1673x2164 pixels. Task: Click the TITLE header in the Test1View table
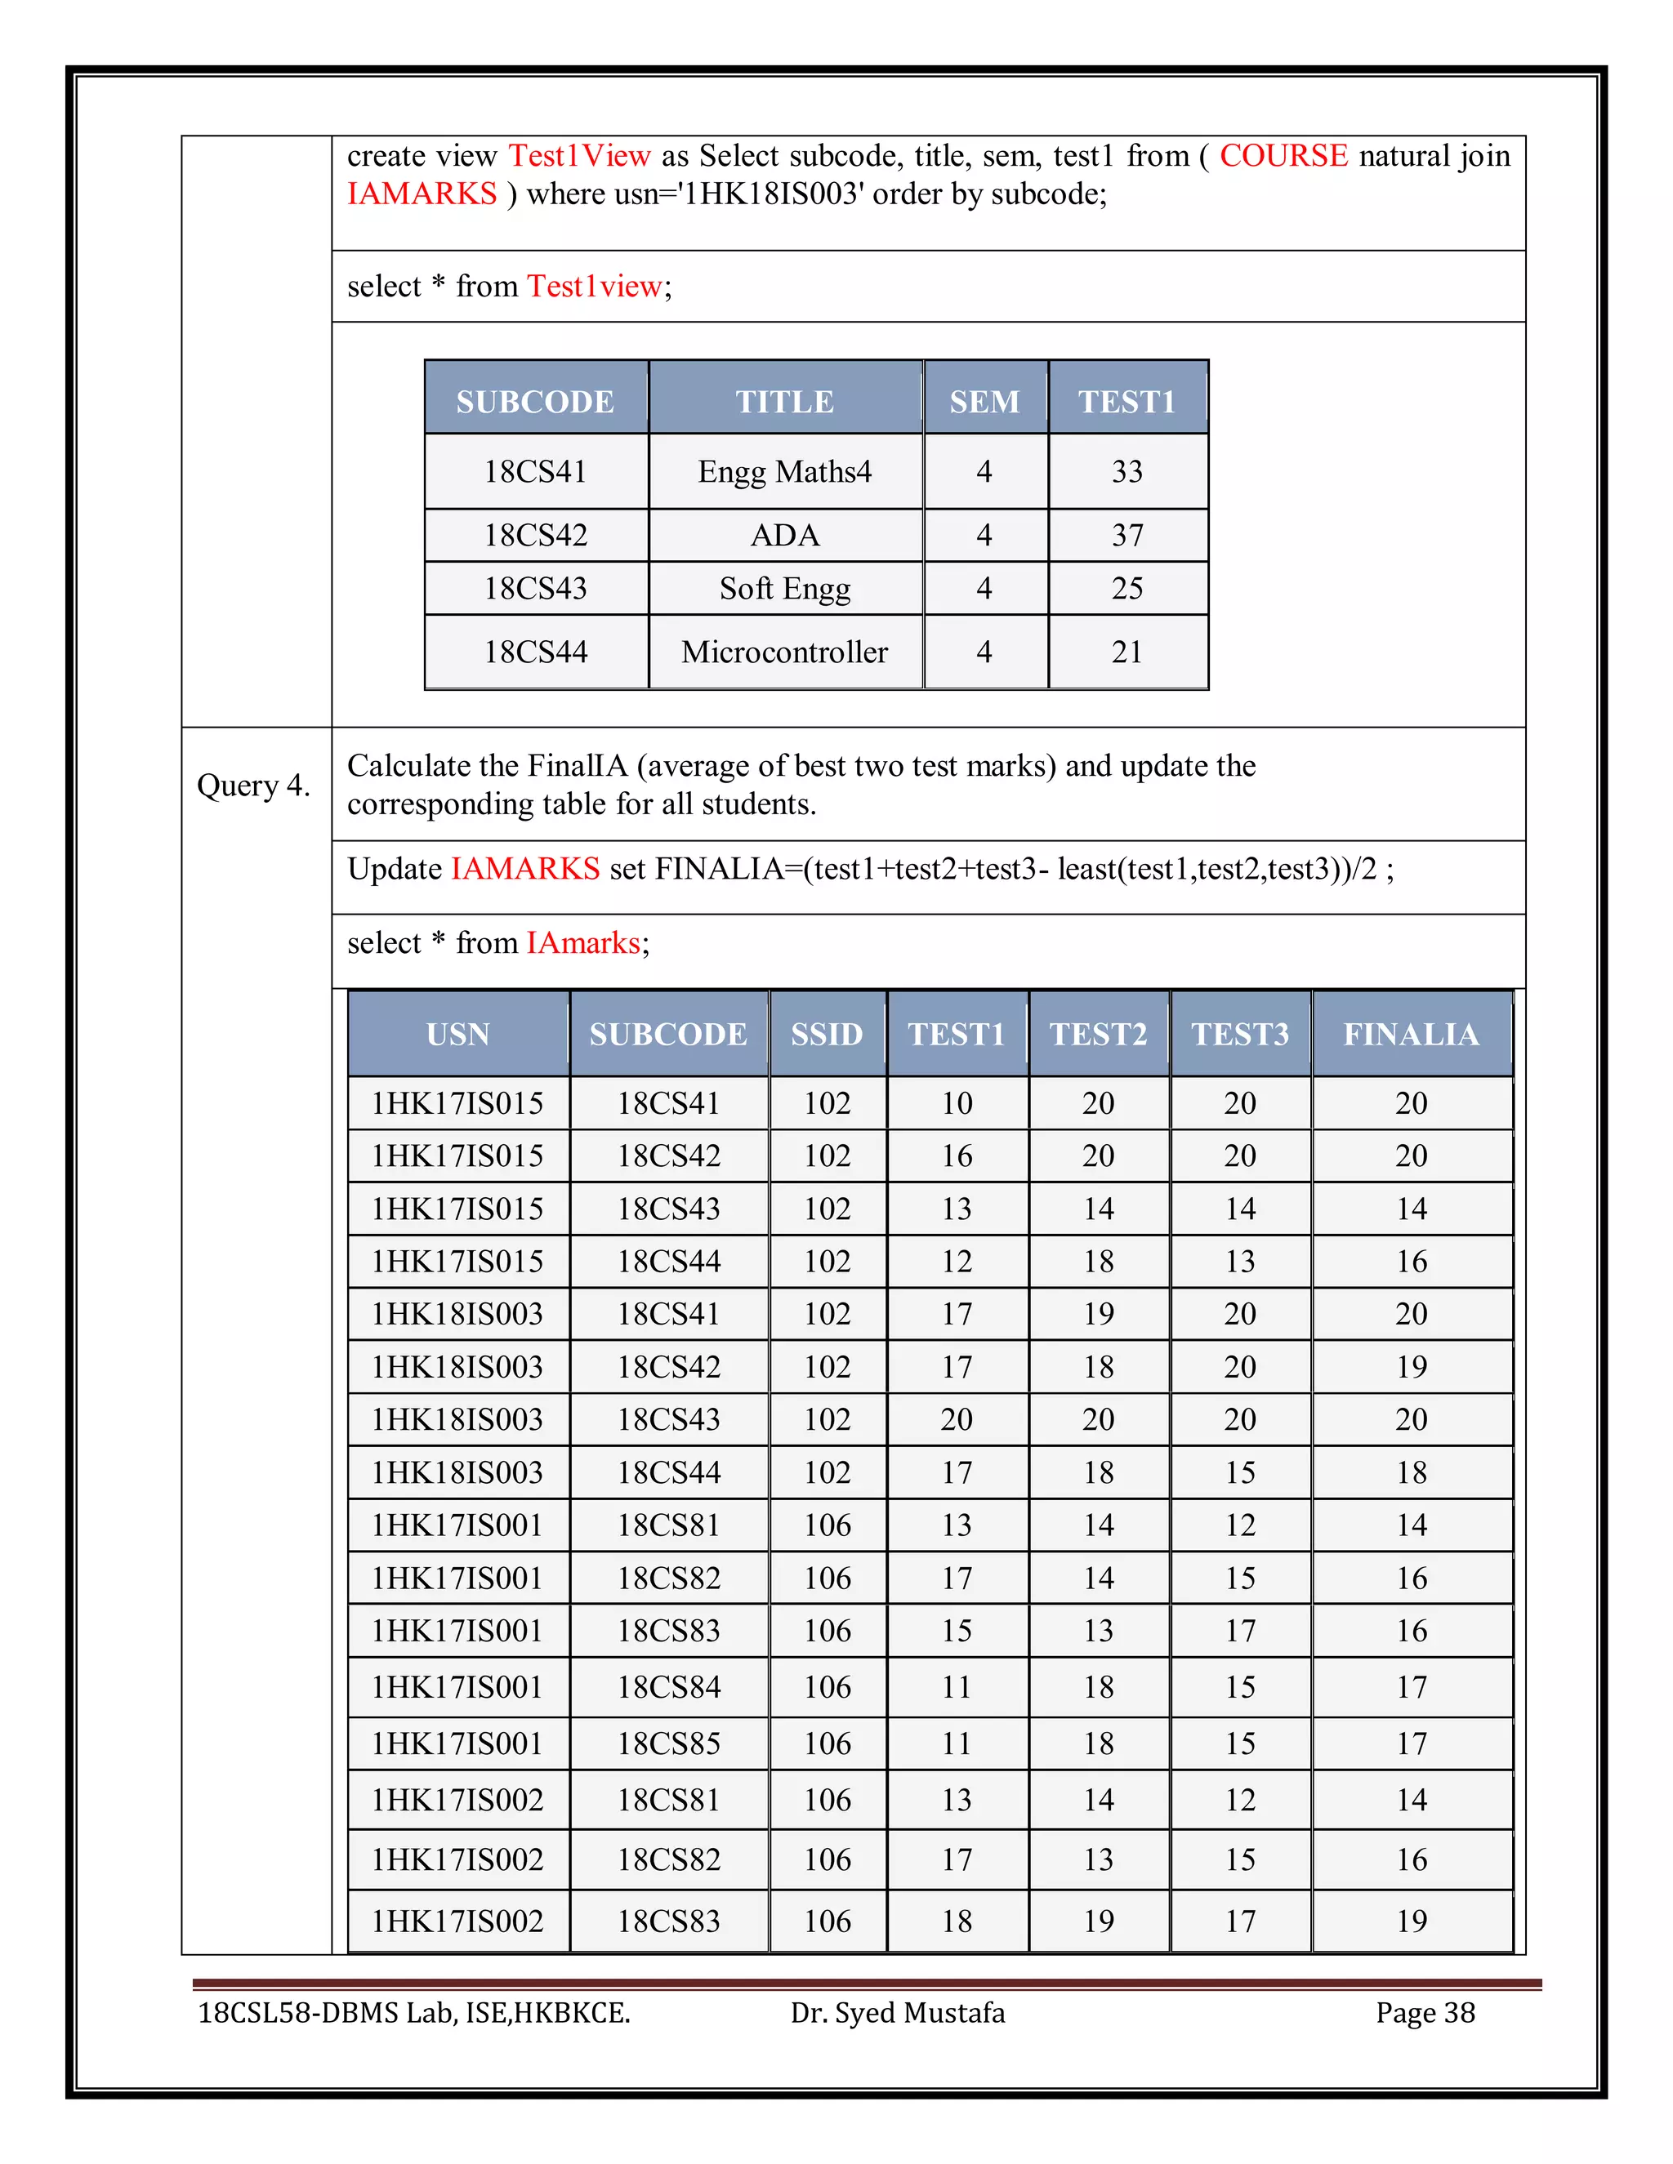(784, 401)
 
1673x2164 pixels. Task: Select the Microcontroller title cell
(784, 652)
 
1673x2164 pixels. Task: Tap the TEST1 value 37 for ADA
(1126, 535)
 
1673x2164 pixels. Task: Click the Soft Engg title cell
(784, 589)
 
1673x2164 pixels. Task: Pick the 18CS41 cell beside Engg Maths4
(535, 472)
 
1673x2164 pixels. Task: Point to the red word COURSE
(1283, 155)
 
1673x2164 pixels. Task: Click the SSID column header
(827, 1035)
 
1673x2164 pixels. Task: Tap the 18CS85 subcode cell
(668, 1743)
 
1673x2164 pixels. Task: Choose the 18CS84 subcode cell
(668, 1686)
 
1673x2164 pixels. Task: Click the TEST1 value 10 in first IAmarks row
(957, 1102)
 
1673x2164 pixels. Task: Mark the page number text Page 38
(1425, 2012)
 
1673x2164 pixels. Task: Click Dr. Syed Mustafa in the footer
(897, 2012)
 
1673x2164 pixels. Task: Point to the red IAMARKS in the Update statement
(525, 869)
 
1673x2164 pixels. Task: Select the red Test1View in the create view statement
(580, 155)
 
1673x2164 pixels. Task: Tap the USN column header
(458, 1035)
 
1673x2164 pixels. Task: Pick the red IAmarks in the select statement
(582, 942)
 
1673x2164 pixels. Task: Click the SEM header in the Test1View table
(984, 401)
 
